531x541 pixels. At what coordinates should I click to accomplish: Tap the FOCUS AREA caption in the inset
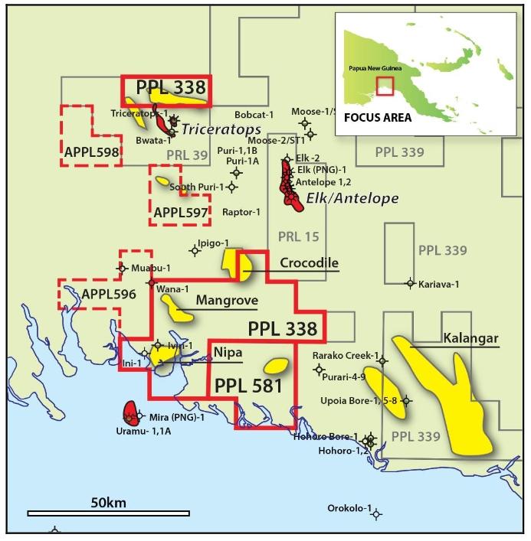point(377,118)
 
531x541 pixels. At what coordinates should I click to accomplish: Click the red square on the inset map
point(385,86)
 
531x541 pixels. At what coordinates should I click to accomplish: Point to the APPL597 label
point(181,212)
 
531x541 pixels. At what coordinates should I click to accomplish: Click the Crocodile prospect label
point(309,262)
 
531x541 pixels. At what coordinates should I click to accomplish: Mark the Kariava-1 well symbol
point(410,282)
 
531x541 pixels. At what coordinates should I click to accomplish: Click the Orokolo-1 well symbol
point(375,515)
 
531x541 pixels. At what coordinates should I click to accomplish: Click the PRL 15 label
point(300,236)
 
